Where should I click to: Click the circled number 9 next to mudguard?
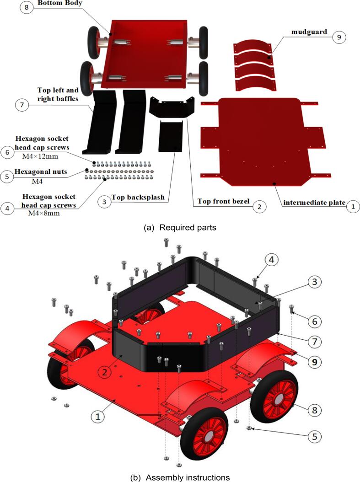point(339,37)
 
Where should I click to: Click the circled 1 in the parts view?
point(352,206)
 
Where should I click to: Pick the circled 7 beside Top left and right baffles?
point(21,105)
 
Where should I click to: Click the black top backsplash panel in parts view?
point(171,136)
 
